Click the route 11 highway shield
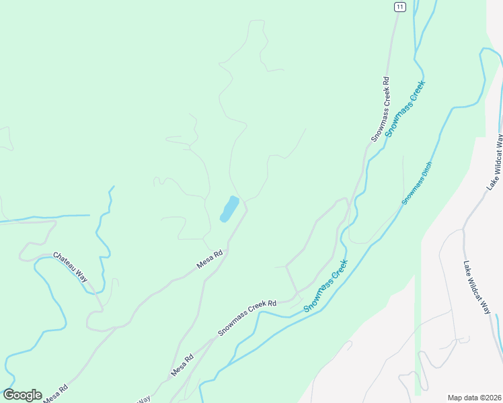pyautogui.click(x=400, y=7)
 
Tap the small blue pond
pyautogui.click(x=229, y=208)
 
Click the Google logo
pyautogui.click(x=22, y=395)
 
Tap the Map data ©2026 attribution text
pyautogui.click(x=473, y=397)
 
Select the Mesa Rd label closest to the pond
pyautogui.click(x=209, y=260)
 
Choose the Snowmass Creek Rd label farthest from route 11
pyautogui.click(x=247, y=318)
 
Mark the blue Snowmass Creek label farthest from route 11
pyautogui.click(x=325, y=285)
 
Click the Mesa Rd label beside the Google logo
pyautogui.click(x=55, y=394)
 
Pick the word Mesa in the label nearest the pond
pyautogui.click(x=204, y=263)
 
